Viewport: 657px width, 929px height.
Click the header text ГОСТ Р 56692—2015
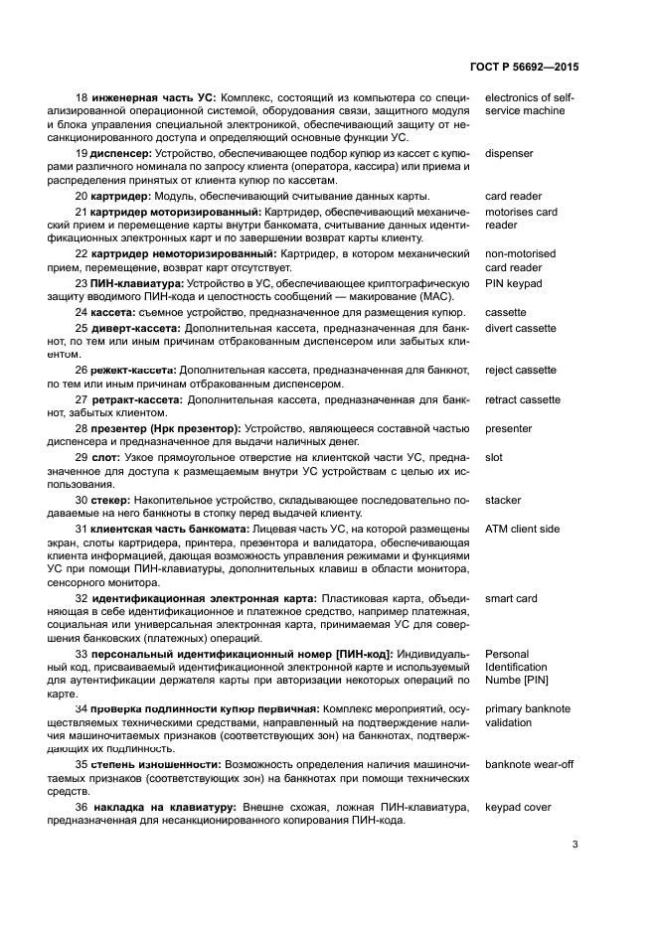(522, 67)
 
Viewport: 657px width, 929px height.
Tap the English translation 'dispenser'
(509, 154)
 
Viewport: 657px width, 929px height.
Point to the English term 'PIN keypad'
(513, 284)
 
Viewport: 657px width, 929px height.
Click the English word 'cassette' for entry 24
(506, 312)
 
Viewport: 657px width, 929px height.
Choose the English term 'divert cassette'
(521, 328)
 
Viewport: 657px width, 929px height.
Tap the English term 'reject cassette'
(520, 371)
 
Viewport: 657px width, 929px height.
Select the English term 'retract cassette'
(522, 399)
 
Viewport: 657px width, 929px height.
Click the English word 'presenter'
(508, 429)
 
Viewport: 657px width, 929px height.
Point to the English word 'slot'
(494, 458)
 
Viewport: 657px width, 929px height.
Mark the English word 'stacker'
(503, 501)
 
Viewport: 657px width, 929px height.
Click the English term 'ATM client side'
(522, 529)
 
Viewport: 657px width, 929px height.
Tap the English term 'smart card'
(511, 599)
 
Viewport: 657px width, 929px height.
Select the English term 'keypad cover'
(518, 808)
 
